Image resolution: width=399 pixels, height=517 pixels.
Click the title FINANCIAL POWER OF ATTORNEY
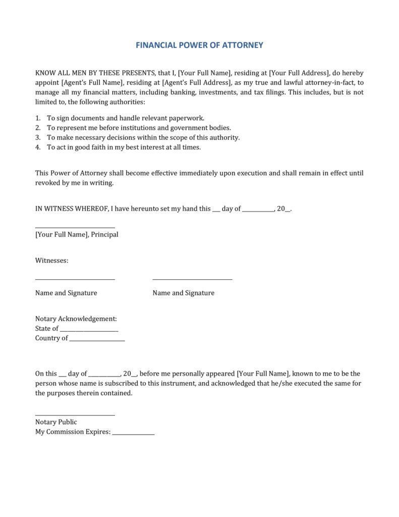(x=199, y=45)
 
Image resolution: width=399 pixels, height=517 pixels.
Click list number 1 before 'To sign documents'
(x=38, y=118)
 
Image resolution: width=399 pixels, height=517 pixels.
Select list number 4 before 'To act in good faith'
(x=38, y=147)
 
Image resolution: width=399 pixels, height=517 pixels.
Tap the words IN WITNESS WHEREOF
(x=70, y=209)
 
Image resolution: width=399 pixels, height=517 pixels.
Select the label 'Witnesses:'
(x=51, y=261)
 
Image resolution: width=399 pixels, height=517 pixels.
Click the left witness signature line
(x=75, y=279)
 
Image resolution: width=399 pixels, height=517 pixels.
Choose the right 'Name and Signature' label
(x=183, y=293)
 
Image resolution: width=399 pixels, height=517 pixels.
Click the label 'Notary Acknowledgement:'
(x=76, y=319)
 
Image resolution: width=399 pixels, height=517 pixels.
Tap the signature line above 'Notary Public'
(x=75, y=416)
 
